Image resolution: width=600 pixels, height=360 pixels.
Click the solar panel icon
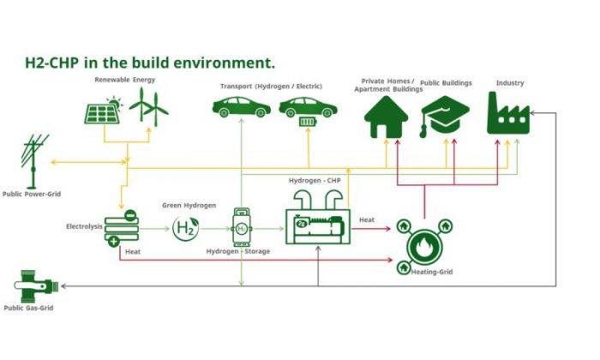102,111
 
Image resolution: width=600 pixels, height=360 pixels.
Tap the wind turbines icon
149,107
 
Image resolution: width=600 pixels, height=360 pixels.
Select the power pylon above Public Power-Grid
34,161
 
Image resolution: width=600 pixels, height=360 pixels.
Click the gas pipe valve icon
36,286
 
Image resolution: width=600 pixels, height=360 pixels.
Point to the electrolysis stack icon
122,228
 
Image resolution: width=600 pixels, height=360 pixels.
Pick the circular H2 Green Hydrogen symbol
186,228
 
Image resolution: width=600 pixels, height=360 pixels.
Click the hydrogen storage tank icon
242,228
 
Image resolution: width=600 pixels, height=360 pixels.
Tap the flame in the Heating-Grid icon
424,246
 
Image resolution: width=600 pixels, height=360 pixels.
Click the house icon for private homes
386,117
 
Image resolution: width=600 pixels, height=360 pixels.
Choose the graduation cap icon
445,115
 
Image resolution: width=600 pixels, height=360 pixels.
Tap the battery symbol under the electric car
308,122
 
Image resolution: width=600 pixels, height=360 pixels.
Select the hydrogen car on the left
242,107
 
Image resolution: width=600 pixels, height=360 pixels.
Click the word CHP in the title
63,63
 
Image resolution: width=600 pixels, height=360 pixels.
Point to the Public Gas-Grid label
28,308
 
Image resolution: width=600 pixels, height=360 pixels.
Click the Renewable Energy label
125,80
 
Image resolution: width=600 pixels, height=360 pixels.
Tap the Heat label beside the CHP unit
367,220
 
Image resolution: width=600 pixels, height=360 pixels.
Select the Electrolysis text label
84,226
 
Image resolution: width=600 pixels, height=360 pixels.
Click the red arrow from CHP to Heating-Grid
371,229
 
